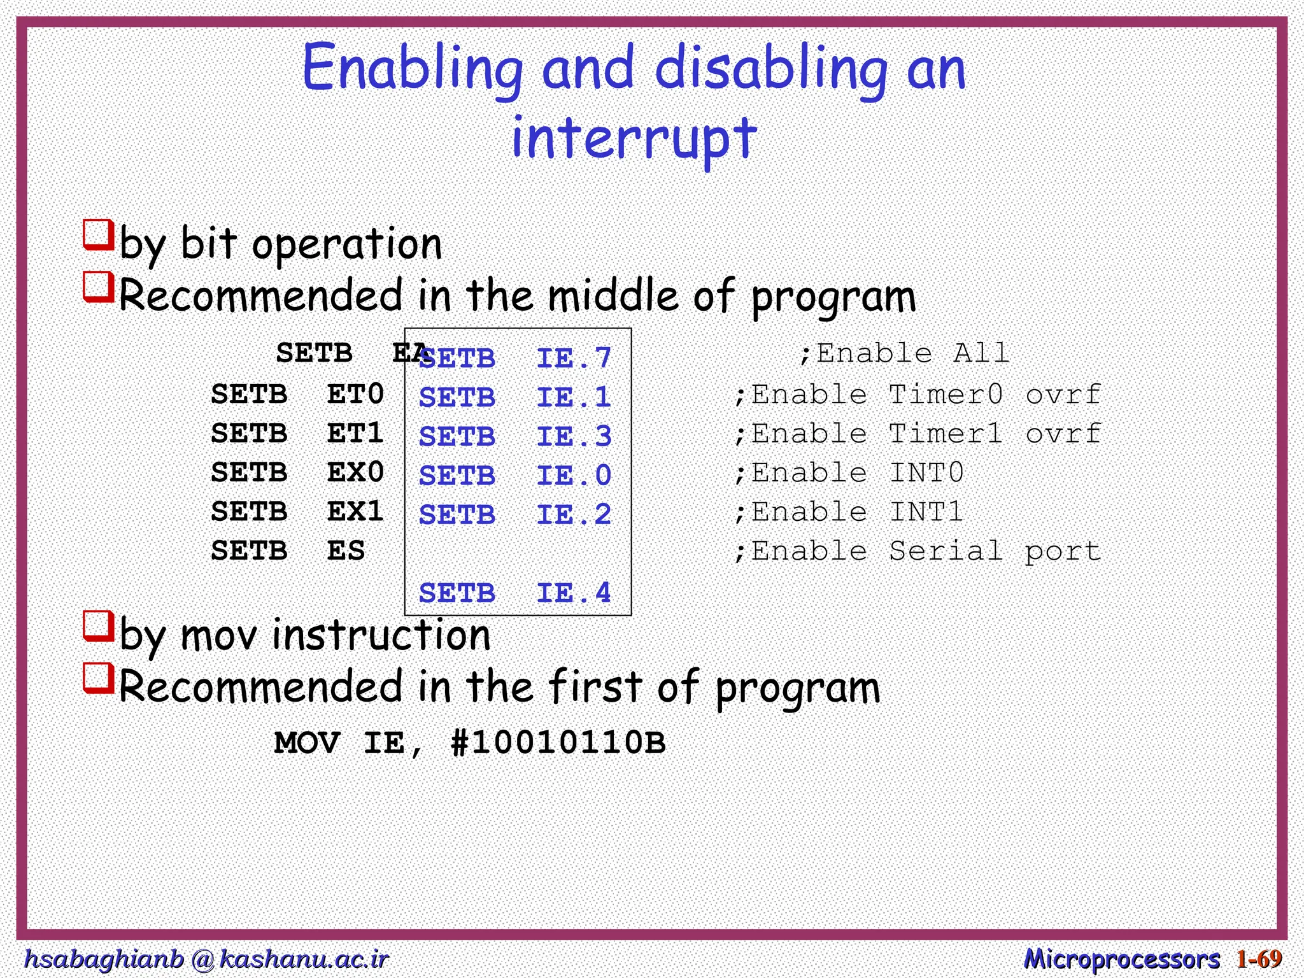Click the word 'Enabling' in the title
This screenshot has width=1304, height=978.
click(x=411, y=69)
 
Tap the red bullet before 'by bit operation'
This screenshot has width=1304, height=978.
click(x=98, y=235)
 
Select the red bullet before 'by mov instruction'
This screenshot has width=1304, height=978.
click(x=98, y=626)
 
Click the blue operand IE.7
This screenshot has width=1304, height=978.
click(x=573, y=358)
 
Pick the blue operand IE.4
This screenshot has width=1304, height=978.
click(x=573, y=593)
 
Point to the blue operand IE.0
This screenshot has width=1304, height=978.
click(x=573, y=476)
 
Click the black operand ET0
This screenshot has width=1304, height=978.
click(x=355, y=394)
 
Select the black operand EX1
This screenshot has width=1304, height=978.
click(x=355, y=511)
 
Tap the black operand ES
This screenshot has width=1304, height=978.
click(x=346, y=551)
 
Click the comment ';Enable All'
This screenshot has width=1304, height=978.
click(x=904, y=353)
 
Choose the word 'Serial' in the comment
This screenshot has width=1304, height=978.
click(x=946, y=551)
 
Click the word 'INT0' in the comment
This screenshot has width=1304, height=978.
click(x=926, y=473)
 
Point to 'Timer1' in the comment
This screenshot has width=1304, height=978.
click(x=946, y=434)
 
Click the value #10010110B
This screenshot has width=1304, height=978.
click(x=558, y=743)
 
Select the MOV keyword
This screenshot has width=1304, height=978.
click(x=307, y=743)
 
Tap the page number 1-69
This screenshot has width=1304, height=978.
click(x=1259, y=958)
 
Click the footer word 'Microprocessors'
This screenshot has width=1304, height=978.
click(x=1121, y=958)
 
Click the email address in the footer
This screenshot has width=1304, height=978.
click(x=206, y=958)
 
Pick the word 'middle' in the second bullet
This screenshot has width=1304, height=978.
click(x=613, y=296)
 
